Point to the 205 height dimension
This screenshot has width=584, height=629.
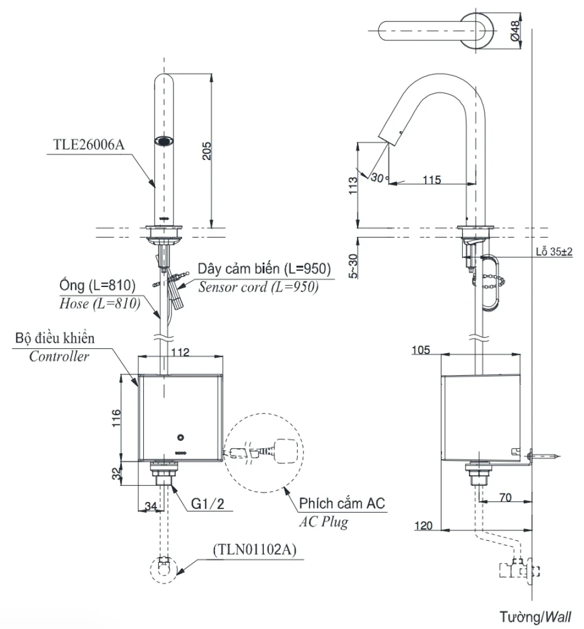207,150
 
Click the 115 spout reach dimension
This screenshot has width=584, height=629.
431,180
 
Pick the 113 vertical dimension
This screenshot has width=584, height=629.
353,186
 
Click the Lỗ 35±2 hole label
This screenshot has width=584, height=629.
554,252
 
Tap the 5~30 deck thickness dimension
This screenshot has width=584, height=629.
353,263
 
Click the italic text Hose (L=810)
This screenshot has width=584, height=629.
96,304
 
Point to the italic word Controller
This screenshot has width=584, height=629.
59,356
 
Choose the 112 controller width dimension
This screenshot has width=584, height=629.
180,353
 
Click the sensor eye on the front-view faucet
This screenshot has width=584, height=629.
164,141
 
